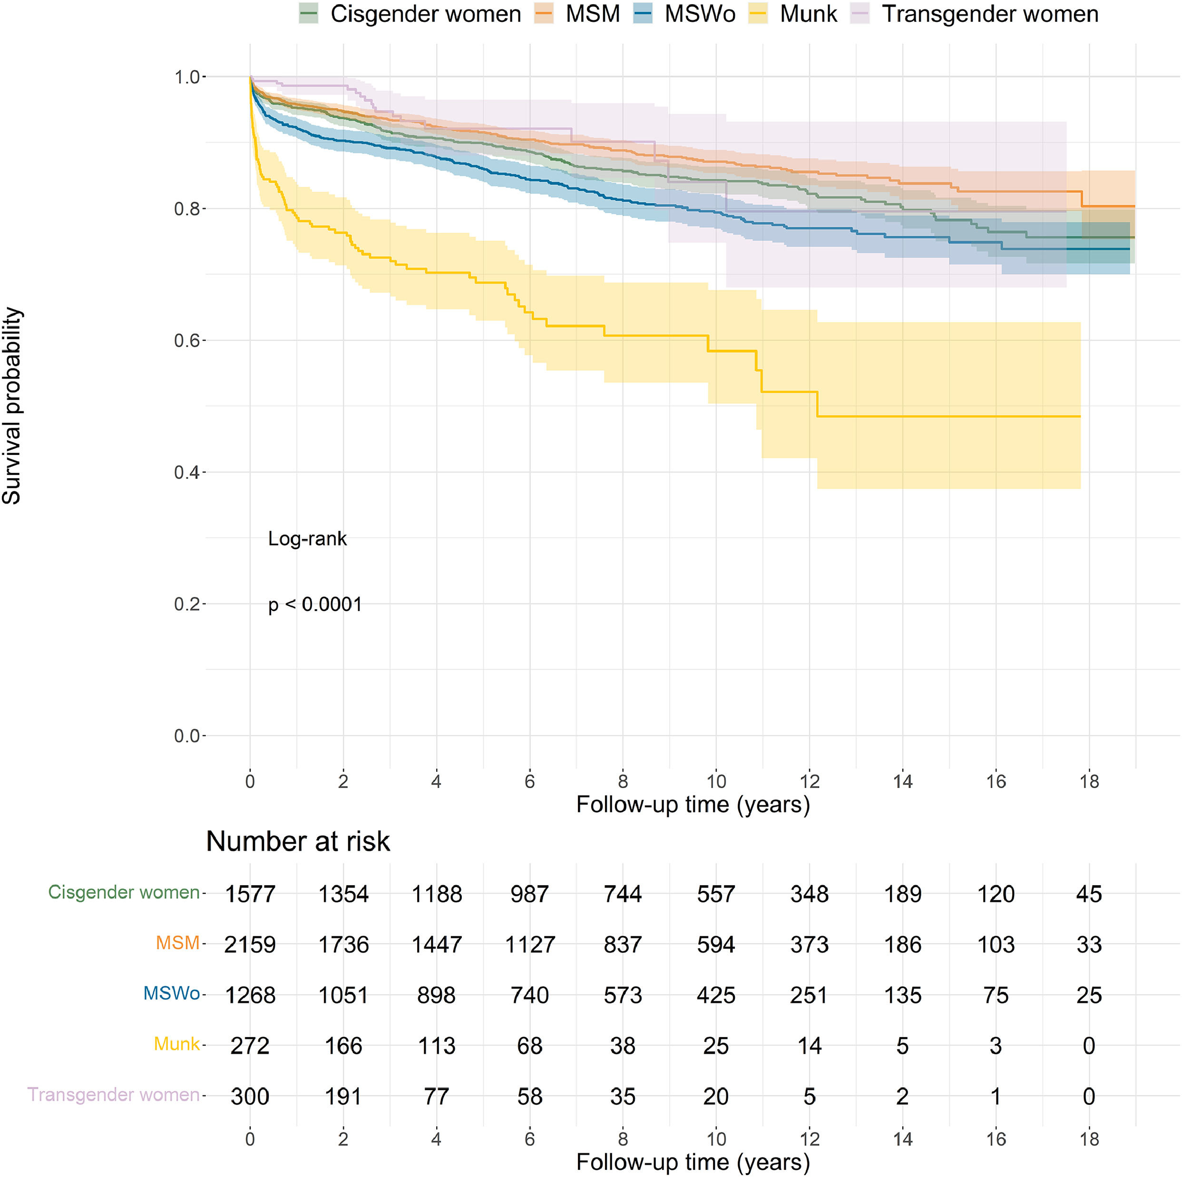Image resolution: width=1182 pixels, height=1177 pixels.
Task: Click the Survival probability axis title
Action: click(12, 405)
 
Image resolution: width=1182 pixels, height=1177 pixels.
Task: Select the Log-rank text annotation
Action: click(307, 539)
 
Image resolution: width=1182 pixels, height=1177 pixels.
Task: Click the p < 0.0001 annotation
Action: click(315, 605)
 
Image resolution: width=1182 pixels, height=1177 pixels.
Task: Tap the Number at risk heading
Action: click(298, 841)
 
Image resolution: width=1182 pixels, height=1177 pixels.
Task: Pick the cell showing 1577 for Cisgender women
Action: click(250, 894)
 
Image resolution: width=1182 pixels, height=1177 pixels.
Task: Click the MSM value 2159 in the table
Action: click(250, 944)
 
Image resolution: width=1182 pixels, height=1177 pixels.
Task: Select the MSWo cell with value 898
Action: click(436, 995)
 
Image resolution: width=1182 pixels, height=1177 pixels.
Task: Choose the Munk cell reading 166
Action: click(343, 1046)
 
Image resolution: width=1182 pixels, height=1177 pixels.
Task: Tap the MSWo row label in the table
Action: click(171, 993)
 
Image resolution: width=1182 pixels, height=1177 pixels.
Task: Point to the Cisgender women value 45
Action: click(1089, 894)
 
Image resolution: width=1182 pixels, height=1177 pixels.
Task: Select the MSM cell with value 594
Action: click(716, 944)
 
